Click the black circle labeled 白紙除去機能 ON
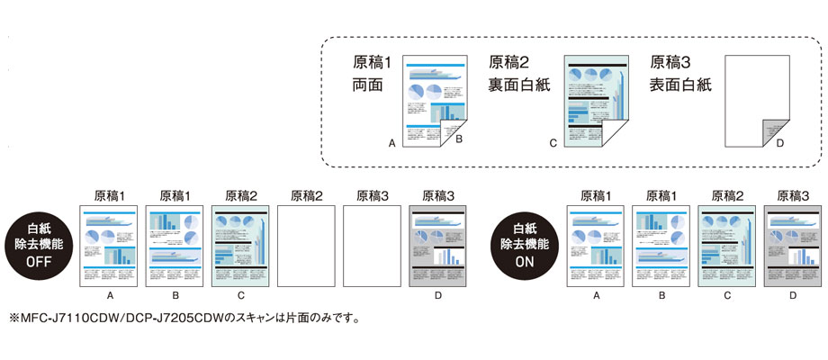click(531, 243)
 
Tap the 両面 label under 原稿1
click(368, 85)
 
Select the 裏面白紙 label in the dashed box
click(518, 85)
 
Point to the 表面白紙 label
click(680, 85)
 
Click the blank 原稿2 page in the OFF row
click(306, 247)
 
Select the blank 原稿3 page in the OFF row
click(372, 247)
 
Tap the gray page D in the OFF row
click(437, 247)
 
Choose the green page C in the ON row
click(727, 247)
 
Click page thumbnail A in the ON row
click(596, 247)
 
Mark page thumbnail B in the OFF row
click(175, 247)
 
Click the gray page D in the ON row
click(793, 247)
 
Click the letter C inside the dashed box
click(553, 142)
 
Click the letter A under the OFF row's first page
click(109, 294)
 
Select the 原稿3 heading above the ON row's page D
click(793, 194)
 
